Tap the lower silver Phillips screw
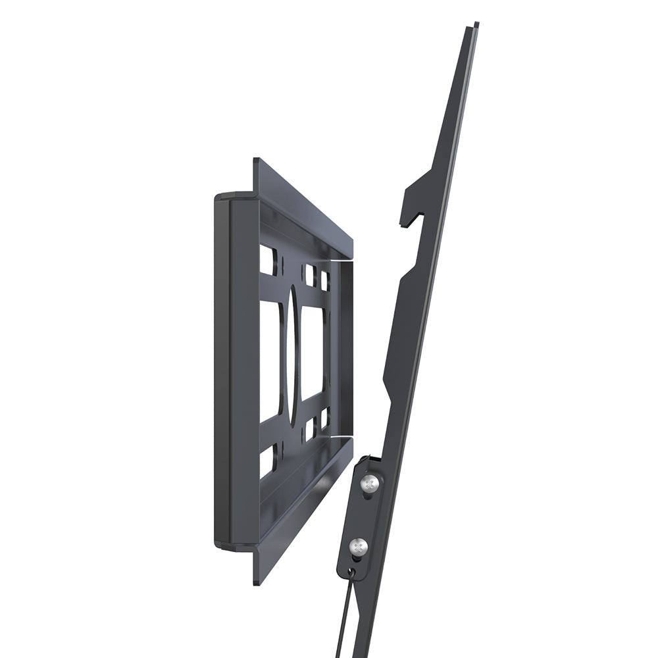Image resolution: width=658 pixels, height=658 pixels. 358,545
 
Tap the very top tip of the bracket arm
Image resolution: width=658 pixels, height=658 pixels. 474,26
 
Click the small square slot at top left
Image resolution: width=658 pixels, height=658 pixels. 267,260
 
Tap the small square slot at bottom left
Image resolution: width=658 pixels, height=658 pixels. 268,461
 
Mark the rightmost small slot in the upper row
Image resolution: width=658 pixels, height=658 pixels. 325,280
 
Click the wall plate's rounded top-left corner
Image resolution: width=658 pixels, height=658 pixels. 221,197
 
